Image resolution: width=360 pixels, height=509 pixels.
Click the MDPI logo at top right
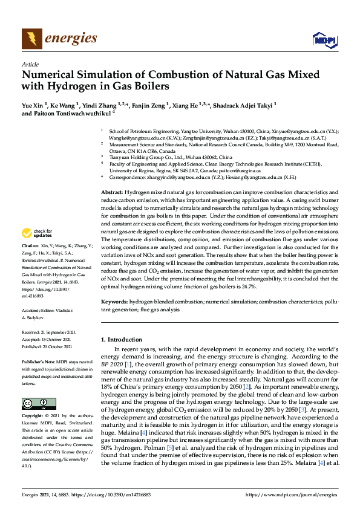(324, 40)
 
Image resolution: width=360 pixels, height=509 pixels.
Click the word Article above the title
(30, 64)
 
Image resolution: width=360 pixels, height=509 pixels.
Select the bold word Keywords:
(114, 300)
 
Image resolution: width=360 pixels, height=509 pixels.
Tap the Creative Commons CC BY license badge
(34, 403)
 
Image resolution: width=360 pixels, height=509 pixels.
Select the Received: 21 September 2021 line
(47, 332)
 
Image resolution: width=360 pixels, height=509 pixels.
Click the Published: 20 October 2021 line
(47, 347)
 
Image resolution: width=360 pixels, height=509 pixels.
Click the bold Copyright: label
(31, 417)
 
